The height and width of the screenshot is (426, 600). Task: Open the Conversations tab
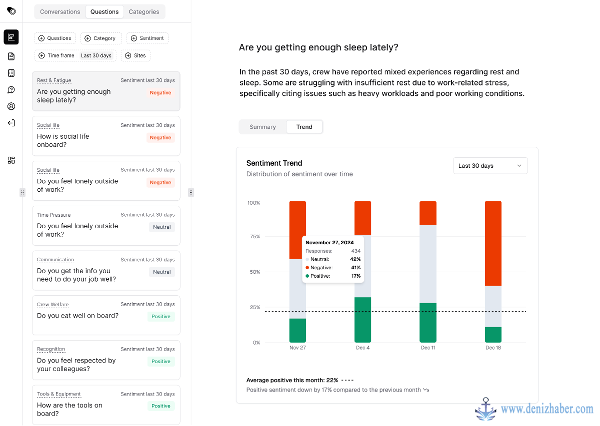pyautogui.click(x=60, y=12)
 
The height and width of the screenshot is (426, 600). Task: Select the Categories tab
pyautogui.click(x=144, y=12)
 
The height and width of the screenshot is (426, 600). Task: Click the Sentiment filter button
pyautogui.click(x=147, y=38)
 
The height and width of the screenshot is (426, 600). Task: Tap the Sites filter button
pyautogui.click(x=135, y=55)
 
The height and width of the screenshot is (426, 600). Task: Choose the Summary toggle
pyautogui.click(x=262, y=127)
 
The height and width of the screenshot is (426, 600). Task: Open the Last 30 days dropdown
pyautogui.click(x=490, y=166)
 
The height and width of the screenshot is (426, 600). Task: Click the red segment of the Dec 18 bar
pyautogui.click(x=493, y=244)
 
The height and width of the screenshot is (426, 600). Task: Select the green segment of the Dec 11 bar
pyautogui.click(x=428, y=323)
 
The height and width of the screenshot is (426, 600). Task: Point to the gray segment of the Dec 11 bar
pyautogui.click(x=428, y=264)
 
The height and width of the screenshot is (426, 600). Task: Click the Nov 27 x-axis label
pyautogui.click(x=297, y=348)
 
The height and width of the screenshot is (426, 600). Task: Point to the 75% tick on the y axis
pyautogui.click(x=254, y=237)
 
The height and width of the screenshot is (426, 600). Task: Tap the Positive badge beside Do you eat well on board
pyautogui.click(x=160, y=317)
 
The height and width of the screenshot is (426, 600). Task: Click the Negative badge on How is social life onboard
pyautogui.click(x=160, y=137)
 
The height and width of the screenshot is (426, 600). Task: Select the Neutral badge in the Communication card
pyautogui.click(x=162, y=272)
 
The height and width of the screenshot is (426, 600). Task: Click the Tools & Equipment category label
pyautogui.click(x=58, y=394)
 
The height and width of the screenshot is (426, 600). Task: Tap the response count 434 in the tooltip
pyautogui.click(x=355, y=251)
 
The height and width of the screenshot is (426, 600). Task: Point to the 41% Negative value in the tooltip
pyautogui.click(x=355, y=268)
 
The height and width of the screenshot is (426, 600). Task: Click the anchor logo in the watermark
pyautogui.click(x=485, y=410)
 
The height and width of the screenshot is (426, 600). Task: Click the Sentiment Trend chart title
pyautogui.click(x=274, y=163)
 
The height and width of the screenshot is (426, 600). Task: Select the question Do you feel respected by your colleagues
pyautogui.click(x=76, y=365)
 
